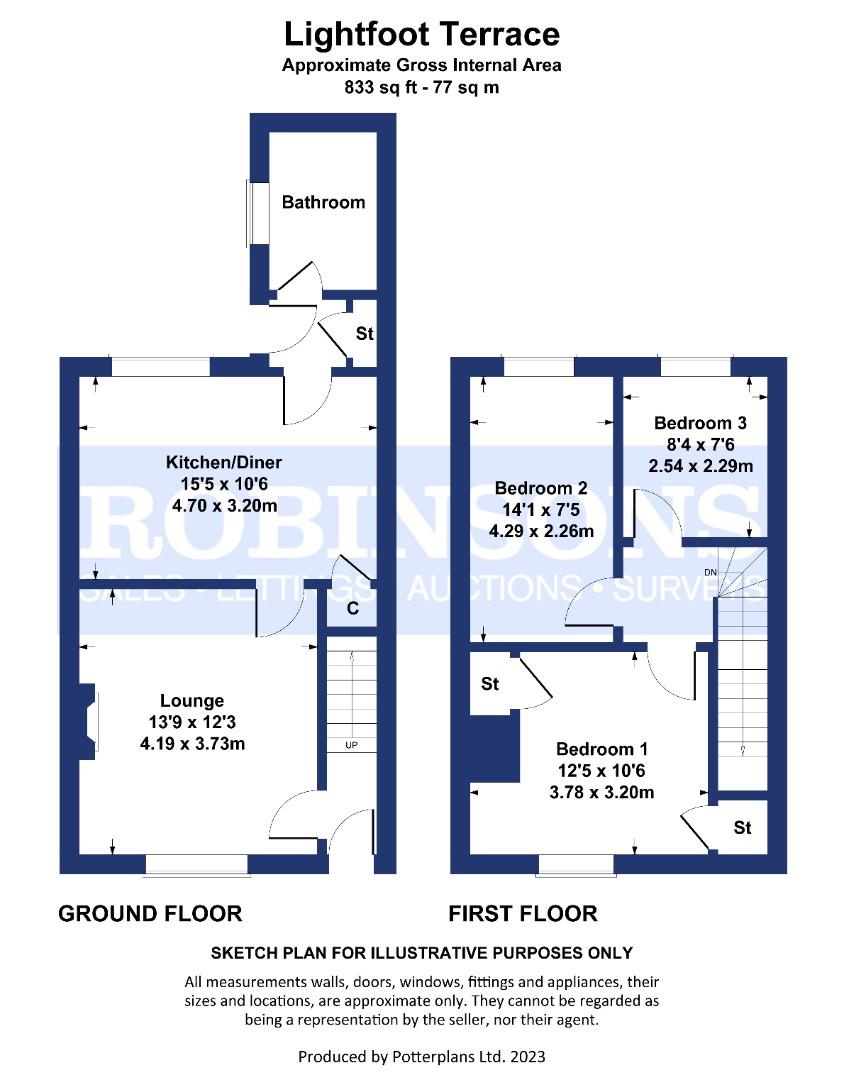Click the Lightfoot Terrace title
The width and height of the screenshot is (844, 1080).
tap(422, 34)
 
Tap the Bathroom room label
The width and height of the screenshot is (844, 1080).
tap(323, 202)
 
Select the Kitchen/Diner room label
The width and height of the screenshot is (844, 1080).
tap(224, 462)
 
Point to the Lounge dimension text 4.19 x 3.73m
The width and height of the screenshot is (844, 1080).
tap(192, 744)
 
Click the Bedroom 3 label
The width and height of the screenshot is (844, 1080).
tap(700, 423)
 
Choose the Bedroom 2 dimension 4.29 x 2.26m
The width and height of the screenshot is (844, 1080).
tap(541, 531)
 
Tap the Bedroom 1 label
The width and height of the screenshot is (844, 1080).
tap(601, 749)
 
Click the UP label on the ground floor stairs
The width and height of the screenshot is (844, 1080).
tap(351, 745)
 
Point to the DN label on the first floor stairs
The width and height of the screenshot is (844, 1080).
tap(710, 572)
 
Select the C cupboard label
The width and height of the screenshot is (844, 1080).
tap(353, 608)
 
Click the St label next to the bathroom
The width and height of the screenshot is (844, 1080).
tap(364, 333)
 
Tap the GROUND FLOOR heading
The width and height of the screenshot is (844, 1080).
tap(150, 914)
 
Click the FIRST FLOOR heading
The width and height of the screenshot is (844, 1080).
tap(523, 914)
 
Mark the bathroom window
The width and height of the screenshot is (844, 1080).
tap(249, 213)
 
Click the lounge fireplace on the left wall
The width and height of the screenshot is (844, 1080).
tap(88, 721)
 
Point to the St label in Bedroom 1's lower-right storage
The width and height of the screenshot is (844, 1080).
tap(742, 827)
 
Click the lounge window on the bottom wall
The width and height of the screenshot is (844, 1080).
tap(197, 865)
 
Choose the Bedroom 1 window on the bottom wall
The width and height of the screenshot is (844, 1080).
tap(576, 865)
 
